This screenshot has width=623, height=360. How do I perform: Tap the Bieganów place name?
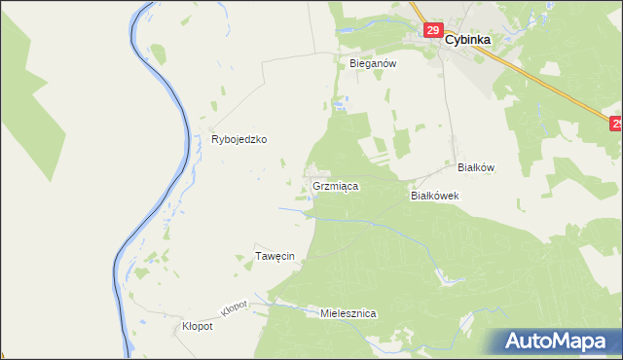click(373, 62)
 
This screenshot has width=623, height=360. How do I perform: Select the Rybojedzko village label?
click(239, 139)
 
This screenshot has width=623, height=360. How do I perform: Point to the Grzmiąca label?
click(337, 185)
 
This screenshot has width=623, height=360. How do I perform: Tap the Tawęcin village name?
click(275, 256)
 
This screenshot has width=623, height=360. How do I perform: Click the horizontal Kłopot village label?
click(198, 327)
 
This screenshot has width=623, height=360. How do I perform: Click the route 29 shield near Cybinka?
click(433, 31)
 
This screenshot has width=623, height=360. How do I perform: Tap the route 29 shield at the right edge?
click(616, 124)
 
